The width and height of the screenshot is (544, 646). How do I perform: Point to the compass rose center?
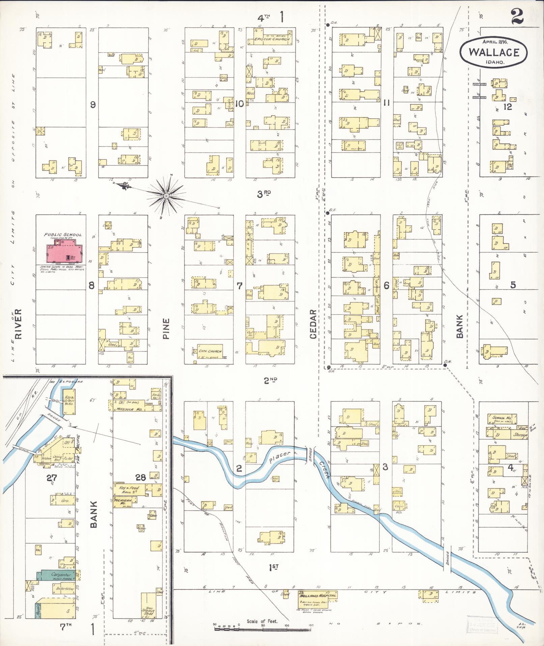coord(166,195)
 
